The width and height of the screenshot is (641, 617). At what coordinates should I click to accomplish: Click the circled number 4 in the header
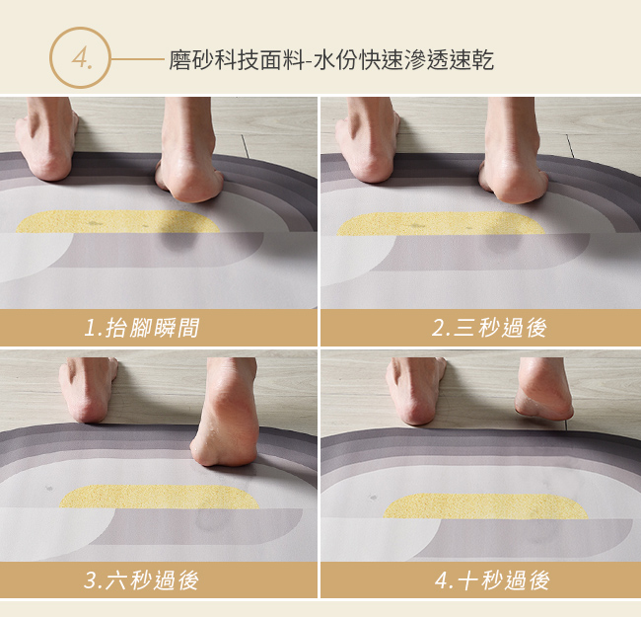pyautogui.click(x=80, y=57)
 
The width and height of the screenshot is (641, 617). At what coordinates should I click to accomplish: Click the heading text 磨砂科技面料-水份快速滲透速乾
pyautogui.click(x=331, y=60)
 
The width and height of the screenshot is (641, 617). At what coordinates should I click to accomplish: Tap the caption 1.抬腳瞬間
pyautogui.click(x=141, y=328)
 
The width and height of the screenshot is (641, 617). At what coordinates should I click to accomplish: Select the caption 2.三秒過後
pyautogui.click(x=489, y=328)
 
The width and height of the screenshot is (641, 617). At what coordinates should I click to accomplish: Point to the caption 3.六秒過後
pyautogui.click(x=141, y=580)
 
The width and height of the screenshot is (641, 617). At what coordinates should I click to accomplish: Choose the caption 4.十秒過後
pyautogui.click(x=492, y=580)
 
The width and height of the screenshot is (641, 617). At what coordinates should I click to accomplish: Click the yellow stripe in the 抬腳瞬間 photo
pyautogui.click(x=117, y=222)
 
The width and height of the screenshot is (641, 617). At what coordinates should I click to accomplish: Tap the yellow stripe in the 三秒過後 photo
pyautogui.click(x=441, y=224)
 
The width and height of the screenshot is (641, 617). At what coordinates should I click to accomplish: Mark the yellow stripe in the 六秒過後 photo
pyautogui.click(x=160, y=497)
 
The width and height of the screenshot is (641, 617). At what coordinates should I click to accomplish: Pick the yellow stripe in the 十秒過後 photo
pyautogui.click(x=485, y=506)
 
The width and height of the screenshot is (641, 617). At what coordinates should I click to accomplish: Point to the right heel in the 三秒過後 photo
pyautogui.click(x=514, y=180)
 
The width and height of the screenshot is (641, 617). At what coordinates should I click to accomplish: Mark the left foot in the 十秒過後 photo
pyautogui.click(x=415, y=391)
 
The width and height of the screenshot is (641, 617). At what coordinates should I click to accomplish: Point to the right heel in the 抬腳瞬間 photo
pyautogui.click(x=189, y=179)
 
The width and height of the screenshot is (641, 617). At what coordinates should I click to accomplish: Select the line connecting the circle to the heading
pyautogui.click(x=137, y=59)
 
